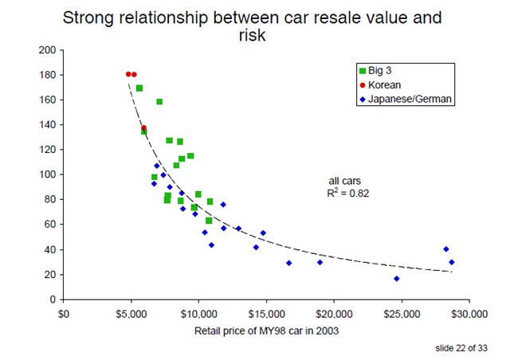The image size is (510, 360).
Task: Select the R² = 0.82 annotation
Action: click(x=350, y=193)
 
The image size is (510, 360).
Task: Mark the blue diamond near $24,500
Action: click(x=396, y=279)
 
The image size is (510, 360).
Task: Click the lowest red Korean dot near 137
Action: click(x=144, y=127)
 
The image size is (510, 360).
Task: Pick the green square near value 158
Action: click(x=159, y=102)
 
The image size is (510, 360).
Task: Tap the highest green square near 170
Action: click(x=139, y=88)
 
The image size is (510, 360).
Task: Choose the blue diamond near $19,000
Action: click(x=320, y=262)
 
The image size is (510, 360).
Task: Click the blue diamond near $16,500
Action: click(x=288, y=263)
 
